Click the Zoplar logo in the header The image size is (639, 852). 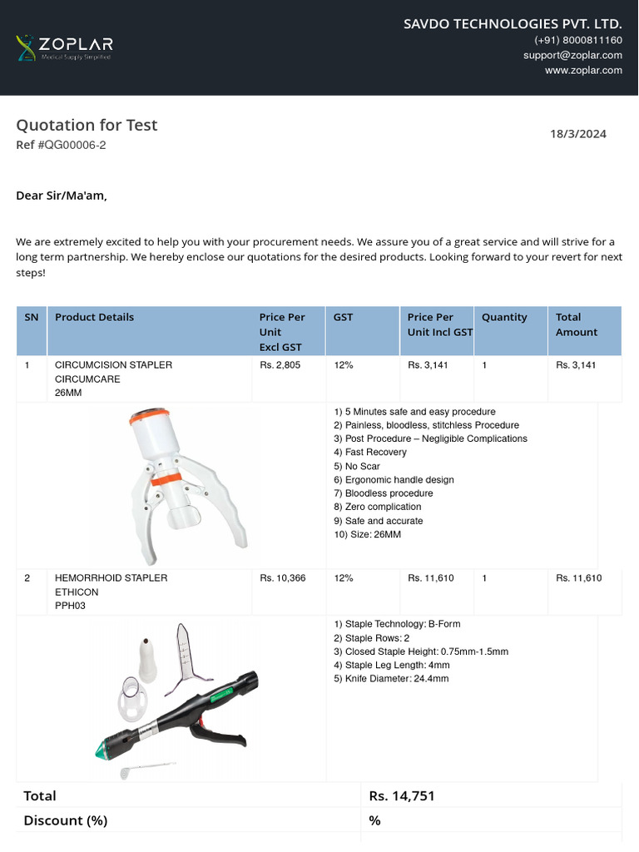coord(64,47)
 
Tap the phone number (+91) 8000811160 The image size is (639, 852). coord(577,40)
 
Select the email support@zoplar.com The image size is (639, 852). coord(572,55)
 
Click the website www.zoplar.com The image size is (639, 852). coord(583,70)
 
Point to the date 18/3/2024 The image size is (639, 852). coord(578,134)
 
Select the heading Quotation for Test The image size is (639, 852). coord(87,125)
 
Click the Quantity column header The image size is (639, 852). coord(504,317)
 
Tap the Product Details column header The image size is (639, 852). coord(94,317)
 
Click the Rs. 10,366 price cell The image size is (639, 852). coord(282,578)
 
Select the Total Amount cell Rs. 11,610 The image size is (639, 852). coord(578,578)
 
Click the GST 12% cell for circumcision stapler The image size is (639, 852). coord(343,365)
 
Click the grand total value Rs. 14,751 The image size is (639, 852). coord(402,796)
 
